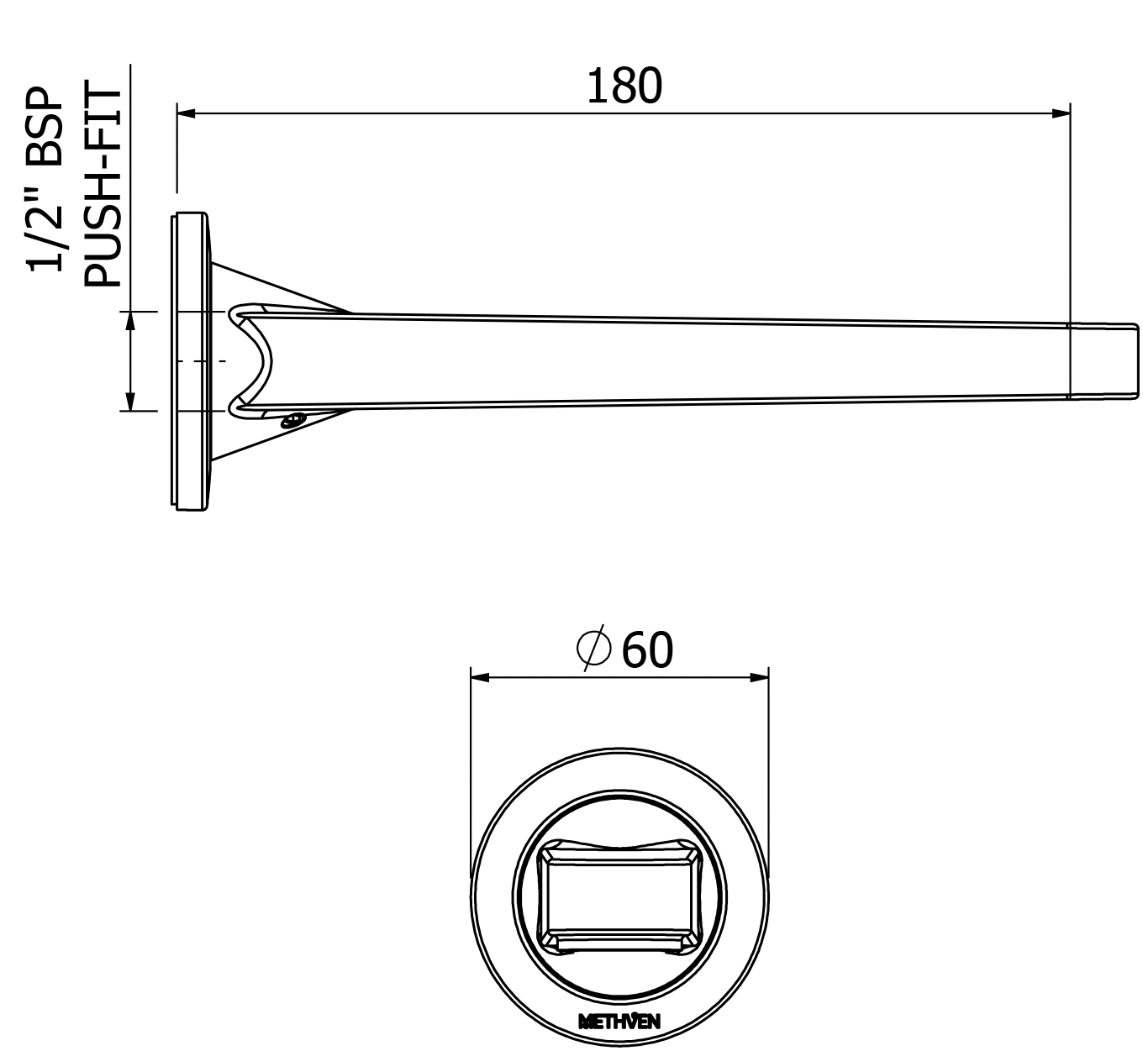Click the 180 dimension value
(624, 87)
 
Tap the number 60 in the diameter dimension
(647, 650)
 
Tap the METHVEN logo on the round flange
(619, 1022)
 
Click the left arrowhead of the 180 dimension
(186, 113)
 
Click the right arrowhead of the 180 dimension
(1061, 113)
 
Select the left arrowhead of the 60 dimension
(480, 676)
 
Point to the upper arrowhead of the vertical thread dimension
(129, 320)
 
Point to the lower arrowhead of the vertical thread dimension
(129, 402)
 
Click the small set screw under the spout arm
(293, 419)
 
